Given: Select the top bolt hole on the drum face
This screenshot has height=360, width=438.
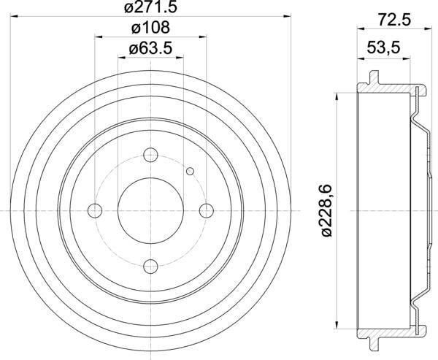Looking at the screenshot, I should coord(150,155).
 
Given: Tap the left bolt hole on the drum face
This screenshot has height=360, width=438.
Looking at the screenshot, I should coord(94,211).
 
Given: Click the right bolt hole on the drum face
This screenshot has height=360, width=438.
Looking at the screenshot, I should coord(207,211).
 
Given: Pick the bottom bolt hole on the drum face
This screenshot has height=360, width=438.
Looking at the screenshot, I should coord(150,267).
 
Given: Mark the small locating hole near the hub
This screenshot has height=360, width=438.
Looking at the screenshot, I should coord(190,172).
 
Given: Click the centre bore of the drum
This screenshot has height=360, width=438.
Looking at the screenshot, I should coord(150,211).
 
